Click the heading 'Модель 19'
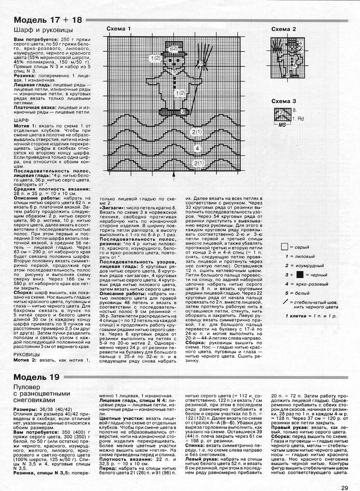[x=37, y=377]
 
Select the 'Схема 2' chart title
[x=284, y=29]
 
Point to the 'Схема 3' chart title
[x=284, y=101]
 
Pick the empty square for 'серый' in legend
[x=284, y=248]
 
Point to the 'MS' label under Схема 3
[x=281, y=125]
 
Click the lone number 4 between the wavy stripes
[x=197, y=148]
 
